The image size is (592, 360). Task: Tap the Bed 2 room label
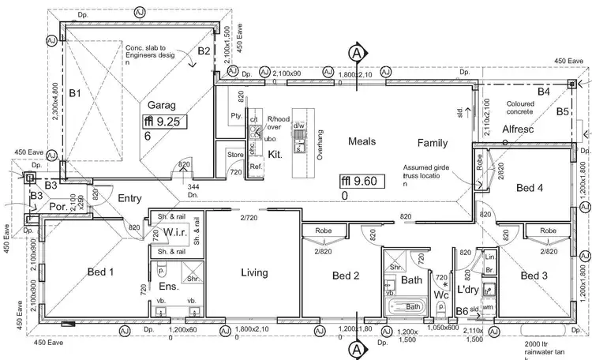coord(346,276)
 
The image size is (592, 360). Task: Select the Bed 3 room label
coord(534,276)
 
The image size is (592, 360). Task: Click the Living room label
coord(254,273)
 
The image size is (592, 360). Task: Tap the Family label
coord(433,143)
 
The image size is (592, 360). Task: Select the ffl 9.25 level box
coord(160,122)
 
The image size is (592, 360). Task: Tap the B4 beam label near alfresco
coord(543,92)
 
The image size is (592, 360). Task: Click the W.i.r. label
coord(174,232)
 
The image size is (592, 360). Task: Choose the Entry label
coord(129,198)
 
